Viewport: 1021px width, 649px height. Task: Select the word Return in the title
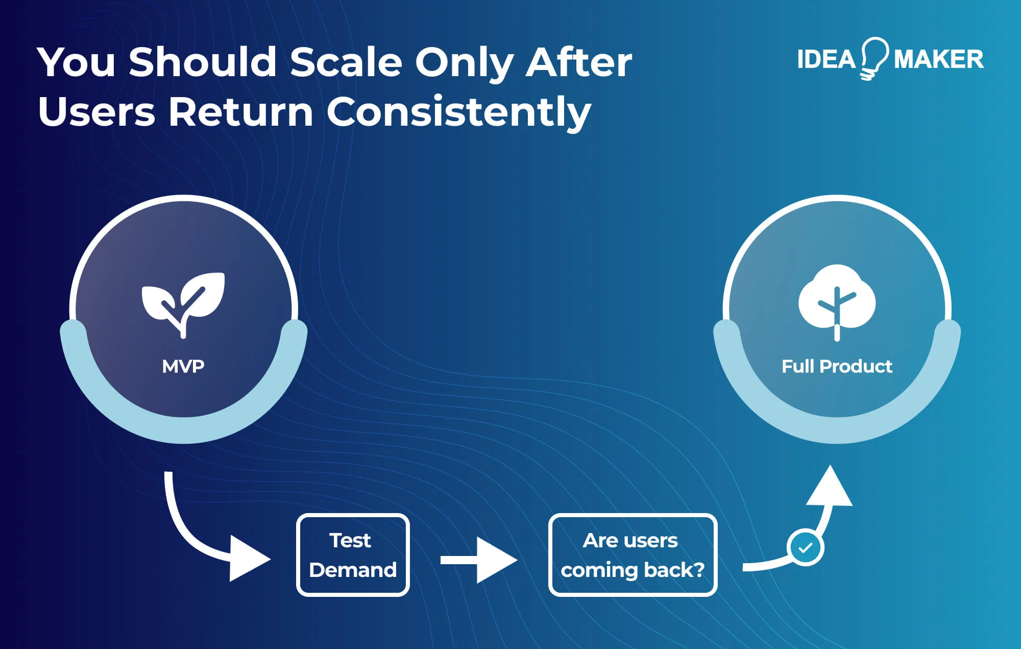click(240, 112)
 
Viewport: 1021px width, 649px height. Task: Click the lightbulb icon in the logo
click(874, 58)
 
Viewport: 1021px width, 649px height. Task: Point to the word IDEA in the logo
click(825, 60)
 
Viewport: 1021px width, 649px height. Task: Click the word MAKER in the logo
click(938, 60)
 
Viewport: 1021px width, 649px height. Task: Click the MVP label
click(183, 366)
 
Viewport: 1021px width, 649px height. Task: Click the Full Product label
click(837, 366)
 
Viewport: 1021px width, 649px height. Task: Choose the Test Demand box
click(353, 555)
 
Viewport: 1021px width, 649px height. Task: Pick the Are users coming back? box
click(633, 555)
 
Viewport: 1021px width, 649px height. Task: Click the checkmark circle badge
click(805, 548)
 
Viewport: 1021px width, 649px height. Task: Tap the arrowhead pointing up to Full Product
click(830, 488)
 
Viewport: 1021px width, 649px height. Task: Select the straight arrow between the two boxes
click(478, 560)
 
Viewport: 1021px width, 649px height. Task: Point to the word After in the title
click(579, 62)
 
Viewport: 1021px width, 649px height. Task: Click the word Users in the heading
click(96, 112)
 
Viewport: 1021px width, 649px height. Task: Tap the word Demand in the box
click(353, 570)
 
